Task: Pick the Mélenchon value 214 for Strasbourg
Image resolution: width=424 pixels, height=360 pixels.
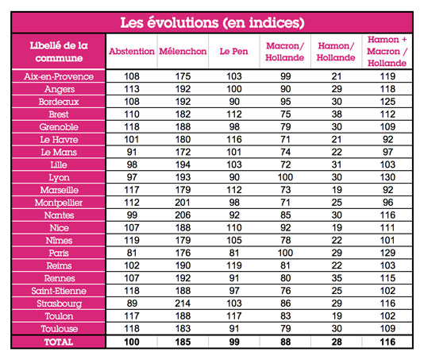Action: click(183, 304)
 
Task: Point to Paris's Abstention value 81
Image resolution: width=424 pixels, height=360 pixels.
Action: click(132, 254)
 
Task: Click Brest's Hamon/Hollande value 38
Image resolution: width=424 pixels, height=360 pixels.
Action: click(337, 114)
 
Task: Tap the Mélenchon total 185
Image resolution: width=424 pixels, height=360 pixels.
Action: click(183, 343)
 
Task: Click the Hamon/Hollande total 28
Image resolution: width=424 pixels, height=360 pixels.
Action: click(337, 343)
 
